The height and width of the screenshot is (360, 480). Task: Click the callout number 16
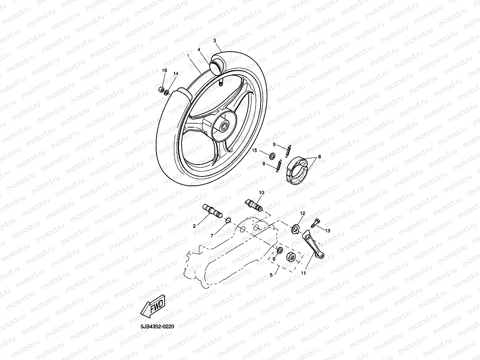click(x=164, y=71)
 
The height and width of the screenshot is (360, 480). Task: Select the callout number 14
click(x=176, y=73)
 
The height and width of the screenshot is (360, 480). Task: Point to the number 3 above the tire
click(x=214, y=40)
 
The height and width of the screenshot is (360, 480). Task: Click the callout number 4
click(x=199, y=50)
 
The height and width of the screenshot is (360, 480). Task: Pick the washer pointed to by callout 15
click(x=271, y=156)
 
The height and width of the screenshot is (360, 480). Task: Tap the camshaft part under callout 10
click(x=254, y=204)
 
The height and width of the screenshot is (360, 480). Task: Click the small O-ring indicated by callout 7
click(x=228, y=220)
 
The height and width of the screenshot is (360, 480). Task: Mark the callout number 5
click(x=271, y=275)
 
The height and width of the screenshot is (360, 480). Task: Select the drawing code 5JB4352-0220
click(x=157, y=326)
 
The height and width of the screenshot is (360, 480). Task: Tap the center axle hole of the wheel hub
click(x=223, y=126)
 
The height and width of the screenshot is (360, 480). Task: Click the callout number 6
click(x=275, y=259)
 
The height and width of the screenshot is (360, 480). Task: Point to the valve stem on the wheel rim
click(x=221, y=83)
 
